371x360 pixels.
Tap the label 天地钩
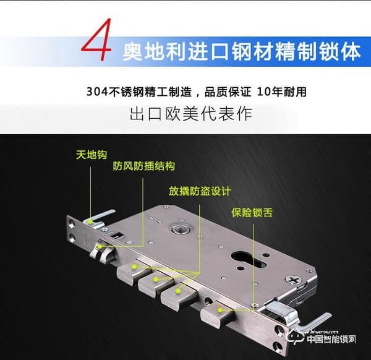(x=92, y=155)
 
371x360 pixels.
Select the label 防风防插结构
(x=144, y=166)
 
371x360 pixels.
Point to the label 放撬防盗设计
(x=200, y=191)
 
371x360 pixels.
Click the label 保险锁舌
(x=252, y=212)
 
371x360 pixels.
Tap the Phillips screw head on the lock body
(x=293, y=280)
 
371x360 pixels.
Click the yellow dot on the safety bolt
(x=221, y=310)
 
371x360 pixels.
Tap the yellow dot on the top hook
(x=90, y=221)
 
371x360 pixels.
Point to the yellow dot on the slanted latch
(x=100, y=247)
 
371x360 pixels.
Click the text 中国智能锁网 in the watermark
(x=331, y=340)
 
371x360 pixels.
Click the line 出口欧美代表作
(x=190, y=114)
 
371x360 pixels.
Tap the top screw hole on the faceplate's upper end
(x=72, y=223)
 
